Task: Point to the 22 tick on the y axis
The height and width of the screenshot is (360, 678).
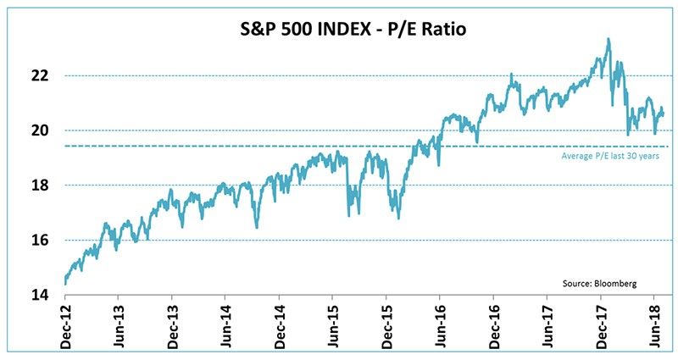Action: click(x=41, y=75)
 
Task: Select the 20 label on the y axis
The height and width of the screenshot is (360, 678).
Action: click(x=41, y=130)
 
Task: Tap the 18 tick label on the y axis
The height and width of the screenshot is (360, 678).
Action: click(x=41, y=186)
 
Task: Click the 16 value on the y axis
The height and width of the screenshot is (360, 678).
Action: click(x=41, y=241)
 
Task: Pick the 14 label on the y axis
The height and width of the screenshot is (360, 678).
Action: click(x=41, y=295)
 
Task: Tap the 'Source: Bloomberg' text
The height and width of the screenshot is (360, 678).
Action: click(x=598, y=282)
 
